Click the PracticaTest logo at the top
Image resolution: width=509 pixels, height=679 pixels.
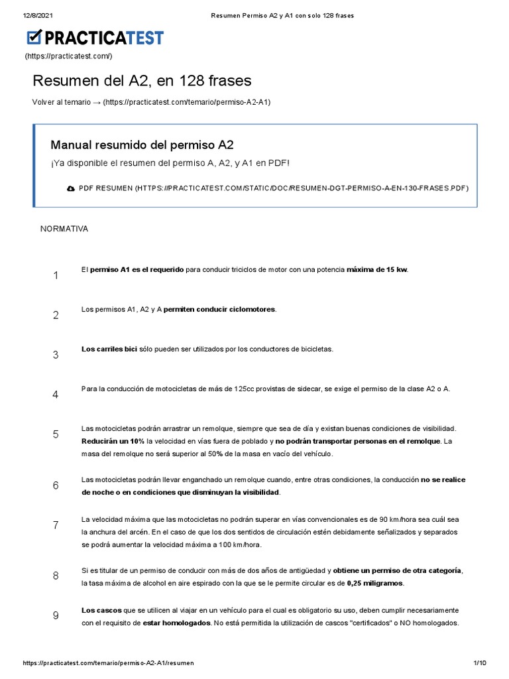[95, 38]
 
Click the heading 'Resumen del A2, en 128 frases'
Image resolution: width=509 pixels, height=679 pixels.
[142, 81]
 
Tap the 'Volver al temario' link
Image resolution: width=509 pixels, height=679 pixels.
[151, 102]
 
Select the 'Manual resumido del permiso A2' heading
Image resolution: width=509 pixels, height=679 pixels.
[142, 145]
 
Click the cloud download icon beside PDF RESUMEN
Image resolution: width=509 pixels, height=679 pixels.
[71, 188]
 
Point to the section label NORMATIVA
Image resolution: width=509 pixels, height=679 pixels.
[64, 229]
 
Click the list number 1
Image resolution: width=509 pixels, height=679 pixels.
[56, 275]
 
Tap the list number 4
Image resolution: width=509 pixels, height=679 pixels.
[56, 395]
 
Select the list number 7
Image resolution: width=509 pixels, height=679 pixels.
[56, 525]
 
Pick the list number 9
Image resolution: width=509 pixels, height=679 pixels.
[56, 615]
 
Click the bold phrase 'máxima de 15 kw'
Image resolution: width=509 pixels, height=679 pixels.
[377, 270]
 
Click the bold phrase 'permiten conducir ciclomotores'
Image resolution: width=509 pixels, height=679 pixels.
[219, 310]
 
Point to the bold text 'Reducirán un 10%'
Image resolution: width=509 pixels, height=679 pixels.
[113, 441]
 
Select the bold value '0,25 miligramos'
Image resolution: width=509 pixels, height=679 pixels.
[374, 583]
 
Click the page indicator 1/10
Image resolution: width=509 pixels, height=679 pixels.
[479, 663]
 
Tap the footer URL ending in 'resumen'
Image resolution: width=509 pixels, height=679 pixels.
[108, 663]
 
